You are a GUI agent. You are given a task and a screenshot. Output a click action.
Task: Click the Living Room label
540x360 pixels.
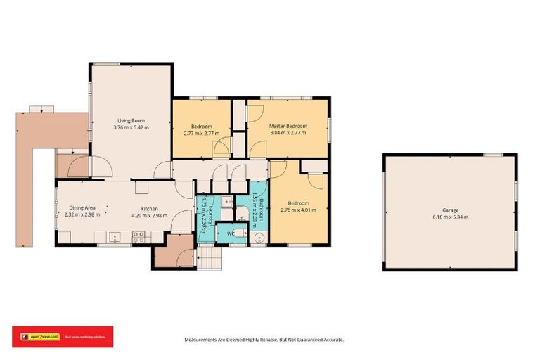tap(131, 121)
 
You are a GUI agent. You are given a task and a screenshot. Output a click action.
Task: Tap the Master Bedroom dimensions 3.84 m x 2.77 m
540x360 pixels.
tap(286, 132)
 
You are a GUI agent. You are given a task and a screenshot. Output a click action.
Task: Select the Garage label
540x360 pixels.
tap(450, 210)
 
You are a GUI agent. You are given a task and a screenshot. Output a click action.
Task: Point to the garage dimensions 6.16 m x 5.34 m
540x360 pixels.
tap(450, 217)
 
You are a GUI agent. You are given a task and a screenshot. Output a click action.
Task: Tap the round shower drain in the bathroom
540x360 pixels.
tap(257, 238)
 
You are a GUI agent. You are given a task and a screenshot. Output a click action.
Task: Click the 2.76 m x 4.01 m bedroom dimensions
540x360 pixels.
tap(299, 210)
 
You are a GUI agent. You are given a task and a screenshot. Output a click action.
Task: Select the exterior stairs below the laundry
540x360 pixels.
tap(209, 261)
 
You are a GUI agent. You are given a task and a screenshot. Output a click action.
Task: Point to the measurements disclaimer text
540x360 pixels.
tap(264, 339)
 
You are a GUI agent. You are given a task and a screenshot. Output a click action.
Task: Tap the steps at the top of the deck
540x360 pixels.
tap(41, 109)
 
